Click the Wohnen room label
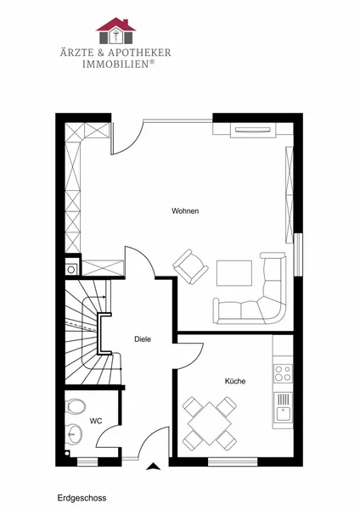click(185, 211)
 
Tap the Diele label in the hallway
click(143, 339)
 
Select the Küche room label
click(235, 381)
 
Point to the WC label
click(96, 421)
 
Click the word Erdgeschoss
click(82, 498)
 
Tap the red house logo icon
click(116, 31)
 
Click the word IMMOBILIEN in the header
click(116, 64)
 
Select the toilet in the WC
click(75, 406)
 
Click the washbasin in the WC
click(74, 433)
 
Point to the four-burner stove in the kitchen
click(283, 373)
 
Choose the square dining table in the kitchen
click(210, 423)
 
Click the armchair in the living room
click(190, 267)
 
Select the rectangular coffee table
click(234, 273)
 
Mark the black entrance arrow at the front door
click(153, 467)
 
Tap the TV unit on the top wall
click(253, 130)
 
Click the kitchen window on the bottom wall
click(233, 461)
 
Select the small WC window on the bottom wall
click(87, 461)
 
